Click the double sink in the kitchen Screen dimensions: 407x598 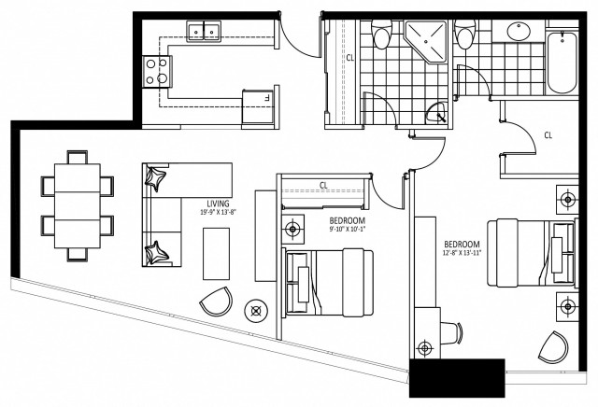(203, 33)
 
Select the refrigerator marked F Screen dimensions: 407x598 (255, 100)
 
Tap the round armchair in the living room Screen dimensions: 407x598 (216, 304)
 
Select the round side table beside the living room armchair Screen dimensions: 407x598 (253, 310)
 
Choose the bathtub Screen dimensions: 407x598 (562, 62)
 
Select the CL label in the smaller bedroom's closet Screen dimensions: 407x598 (323, 185)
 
